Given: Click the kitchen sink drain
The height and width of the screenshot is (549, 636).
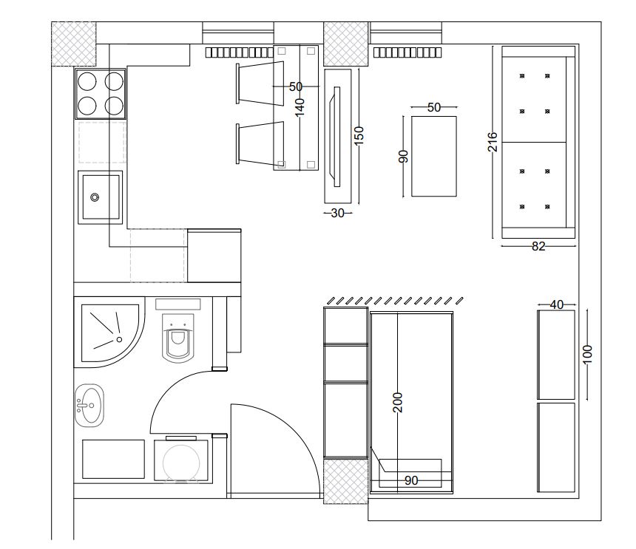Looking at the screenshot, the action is pyautogui.click(x=95, y=197).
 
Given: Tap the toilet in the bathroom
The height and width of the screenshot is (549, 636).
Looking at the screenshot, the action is pyautogui.click(x=177, y=338).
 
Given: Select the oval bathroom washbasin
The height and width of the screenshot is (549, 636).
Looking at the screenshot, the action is pyautogui.click(x=89, y=405).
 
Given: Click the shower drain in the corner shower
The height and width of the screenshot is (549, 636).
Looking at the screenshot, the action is pyautogui.click(x=119, y=339).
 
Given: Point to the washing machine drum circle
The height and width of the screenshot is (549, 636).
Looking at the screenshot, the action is pyautogui.click(x=181, y=463).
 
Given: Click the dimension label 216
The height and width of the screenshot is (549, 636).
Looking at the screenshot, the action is pyautogui.click(x=492, y=142).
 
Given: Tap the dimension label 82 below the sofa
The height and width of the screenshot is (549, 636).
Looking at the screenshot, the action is pyautogui.click(x=538, y=246).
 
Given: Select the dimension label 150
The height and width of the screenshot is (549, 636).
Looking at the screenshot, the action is pyautogui.click(x=359, y=136).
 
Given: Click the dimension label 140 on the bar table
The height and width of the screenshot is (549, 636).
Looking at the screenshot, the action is pyautogui.click(x=300, y=107).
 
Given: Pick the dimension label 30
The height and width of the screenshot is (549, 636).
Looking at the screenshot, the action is pyautogui.click(x=337, y=213).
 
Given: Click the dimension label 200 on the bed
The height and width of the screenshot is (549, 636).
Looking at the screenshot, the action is pyautogui.click(x=398, y=403).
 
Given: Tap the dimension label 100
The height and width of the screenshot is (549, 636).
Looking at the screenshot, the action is pyautogui.click(x=587, y=354).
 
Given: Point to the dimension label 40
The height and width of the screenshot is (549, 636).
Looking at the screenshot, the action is pyautogui.click(x=556, y=304).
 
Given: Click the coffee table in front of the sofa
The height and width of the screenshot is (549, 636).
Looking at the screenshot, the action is pyautogui.click(x=434, y=157).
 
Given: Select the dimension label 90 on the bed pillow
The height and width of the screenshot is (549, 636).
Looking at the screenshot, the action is pyautogui.click(x=411, y=480).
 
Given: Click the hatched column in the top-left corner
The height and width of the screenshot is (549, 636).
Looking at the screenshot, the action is pyautogui.click(x=73, y=44).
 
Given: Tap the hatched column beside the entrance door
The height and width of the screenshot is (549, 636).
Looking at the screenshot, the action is pyautogui.click(x=345, y=480).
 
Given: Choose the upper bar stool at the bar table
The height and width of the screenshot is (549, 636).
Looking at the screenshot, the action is pyautogui.click(x=260, y=83).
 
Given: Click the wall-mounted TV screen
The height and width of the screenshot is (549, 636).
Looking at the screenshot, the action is pyautogui.click(x=336, y=137).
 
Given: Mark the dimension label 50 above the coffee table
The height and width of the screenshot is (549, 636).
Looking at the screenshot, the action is pyautogui.click(x=434, y=107).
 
